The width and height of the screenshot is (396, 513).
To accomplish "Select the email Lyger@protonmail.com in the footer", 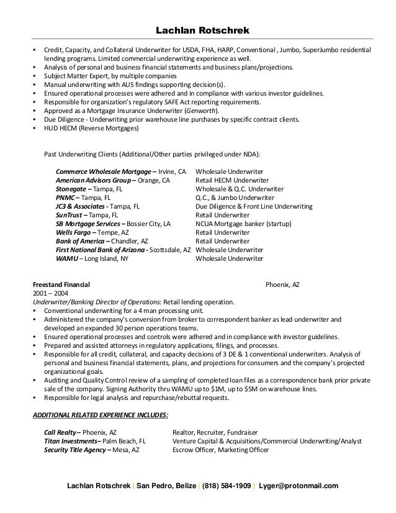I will click(x=299, y=485).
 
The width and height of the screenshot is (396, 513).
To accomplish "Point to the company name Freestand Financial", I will click(x=61, y=284).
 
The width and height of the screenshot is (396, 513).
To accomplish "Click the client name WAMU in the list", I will click(x=65, y=258).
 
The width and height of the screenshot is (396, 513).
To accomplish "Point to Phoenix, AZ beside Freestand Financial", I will click(x=282, y=284).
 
